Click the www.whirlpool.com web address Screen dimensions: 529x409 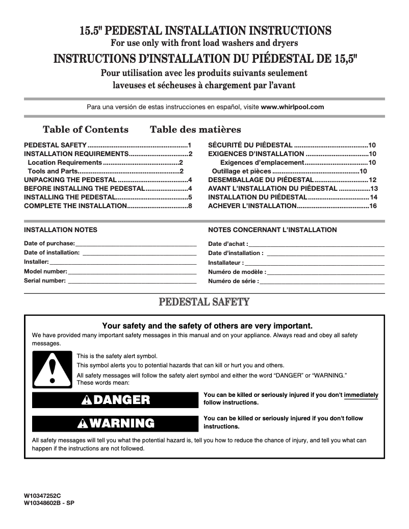click(x=292, y=107)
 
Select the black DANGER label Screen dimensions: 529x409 click(x=114, y=399)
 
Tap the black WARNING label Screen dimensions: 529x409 click(x=114, y=423)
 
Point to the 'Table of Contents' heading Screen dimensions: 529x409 click(x=86, y=130)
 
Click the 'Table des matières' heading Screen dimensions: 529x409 click(x=195, y=130)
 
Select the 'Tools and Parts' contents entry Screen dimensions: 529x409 click(x=49, y=171)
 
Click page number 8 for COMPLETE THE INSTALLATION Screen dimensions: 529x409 click(x=190, y=206)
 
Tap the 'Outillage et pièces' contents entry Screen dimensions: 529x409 click(x=241, y=171)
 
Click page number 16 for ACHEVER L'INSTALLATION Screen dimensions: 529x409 click(x=373, y=206)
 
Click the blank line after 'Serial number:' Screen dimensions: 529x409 click(x=132, y=281)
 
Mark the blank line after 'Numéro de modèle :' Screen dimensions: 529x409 click(x=325, y=272)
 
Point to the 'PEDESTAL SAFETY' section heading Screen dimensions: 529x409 click(x=205, y=303)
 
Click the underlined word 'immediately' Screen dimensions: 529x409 click(x=361, y=394)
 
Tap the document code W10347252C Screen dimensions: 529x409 click(x=42, y=495)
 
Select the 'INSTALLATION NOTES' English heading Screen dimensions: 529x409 click(x=61, y=230)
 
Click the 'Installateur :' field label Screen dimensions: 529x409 click(x=225, y=263)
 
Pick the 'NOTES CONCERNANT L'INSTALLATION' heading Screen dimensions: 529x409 click(x=272, y=230)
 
